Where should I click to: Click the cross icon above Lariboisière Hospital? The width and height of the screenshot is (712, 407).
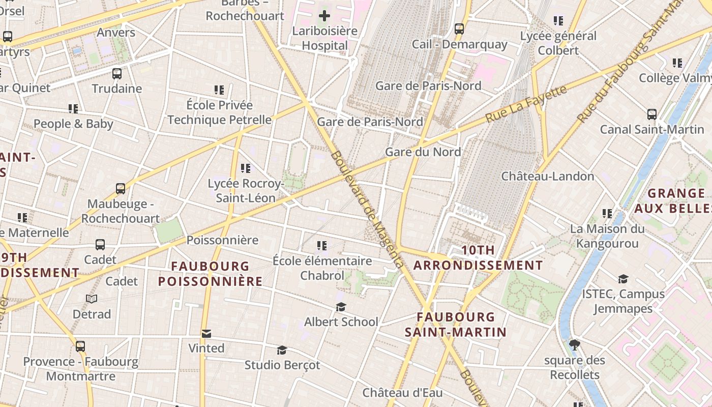(x=324, y=15)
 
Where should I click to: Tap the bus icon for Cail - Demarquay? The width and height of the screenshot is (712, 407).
(x=459, y=28)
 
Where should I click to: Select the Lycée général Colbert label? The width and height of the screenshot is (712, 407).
(x=558, y=43)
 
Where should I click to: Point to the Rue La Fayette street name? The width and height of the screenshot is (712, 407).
(x=526, y=104)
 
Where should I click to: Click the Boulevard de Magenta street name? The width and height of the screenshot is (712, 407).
(x=367, y=209)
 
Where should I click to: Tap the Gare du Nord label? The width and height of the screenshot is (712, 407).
(x=423, y=152)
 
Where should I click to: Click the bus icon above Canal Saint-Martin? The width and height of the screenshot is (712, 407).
(x=651, y=114)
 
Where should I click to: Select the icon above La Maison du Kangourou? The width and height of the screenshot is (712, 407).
(x=607, y=214)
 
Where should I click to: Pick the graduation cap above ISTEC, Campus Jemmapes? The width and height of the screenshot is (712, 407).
(x=623, y=279)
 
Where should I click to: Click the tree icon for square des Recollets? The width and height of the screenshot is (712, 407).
(x=575, y=345)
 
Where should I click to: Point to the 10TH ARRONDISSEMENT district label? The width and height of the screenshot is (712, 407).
(x=478, y=257)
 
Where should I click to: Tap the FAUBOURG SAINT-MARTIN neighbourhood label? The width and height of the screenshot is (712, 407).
(x=456, y=325)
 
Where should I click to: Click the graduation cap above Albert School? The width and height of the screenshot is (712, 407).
(x=341, y=307)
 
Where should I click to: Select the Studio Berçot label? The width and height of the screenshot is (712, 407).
(x=282, y=365)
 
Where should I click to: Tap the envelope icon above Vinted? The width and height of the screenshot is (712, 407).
(x=206, y=334)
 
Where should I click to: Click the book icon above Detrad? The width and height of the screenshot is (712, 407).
(x=92, y=299)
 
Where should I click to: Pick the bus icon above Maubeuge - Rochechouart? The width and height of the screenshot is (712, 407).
(x=121, y=189)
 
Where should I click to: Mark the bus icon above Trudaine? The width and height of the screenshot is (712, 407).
(x=117, y=73)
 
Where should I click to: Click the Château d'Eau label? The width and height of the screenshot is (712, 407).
(x=402, y=393)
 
